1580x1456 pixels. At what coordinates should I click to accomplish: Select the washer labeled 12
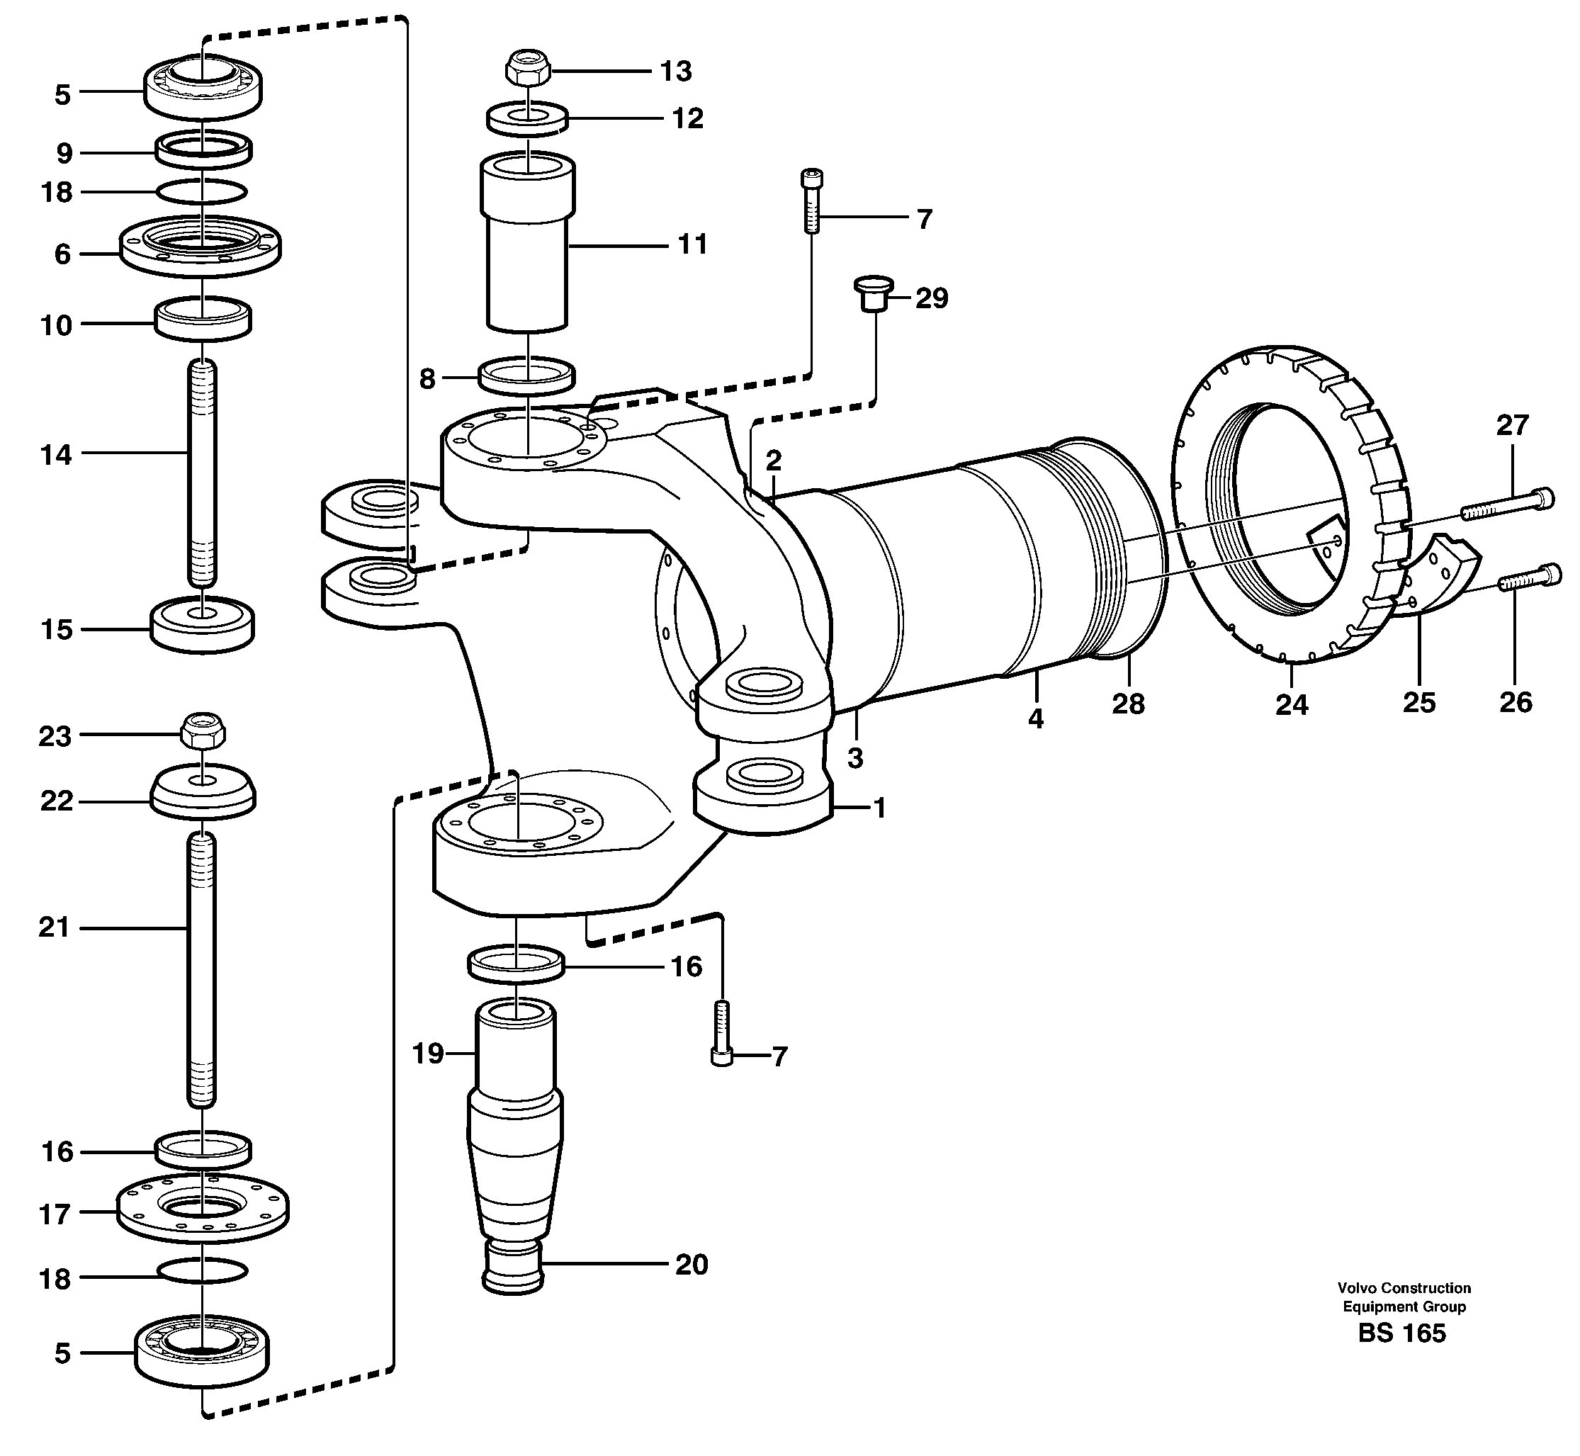pos(526,118)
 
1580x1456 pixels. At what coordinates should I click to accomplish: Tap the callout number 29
pos(932,298)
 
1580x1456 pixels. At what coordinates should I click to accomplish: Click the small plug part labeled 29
pos(874,293)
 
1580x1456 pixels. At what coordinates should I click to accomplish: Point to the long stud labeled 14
pos(203,473)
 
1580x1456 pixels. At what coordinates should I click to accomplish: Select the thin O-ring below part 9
pos(203,191)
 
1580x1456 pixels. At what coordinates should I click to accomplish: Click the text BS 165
pos(1403,1333)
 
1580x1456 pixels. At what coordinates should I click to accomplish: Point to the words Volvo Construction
pos(1404,1288)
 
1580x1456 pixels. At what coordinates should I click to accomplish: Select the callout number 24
pos(1292,704)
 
